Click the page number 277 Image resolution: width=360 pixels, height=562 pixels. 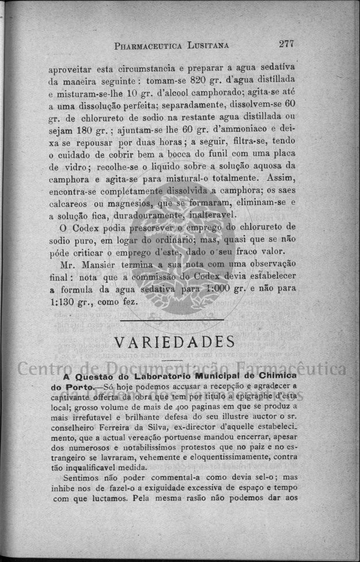pos(286,43)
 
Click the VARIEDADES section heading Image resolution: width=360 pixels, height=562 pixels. pos(174,341)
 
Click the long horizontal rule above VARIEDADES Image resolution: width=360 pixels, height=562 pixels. pos(172,319)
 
